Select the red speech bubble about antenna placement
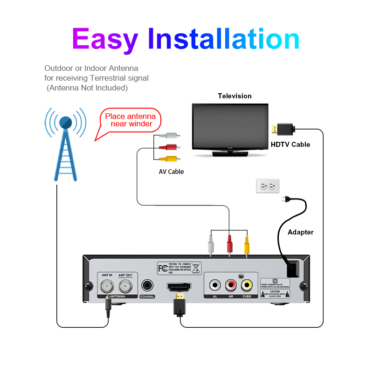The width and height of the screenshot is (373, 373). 131,120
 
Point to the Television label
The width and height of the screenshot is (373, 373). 235,96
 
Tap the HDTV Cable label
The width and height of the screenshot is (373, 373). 290,145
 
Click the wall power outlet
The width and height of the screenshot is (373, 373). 268,186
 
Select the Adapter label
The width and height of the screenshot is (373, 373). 301,232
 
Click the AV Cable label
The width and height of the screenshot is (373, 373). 171,172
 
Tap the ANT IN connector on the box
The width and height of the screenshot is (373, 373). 107,285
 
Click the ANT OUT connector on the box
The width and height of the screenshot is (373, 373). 125,285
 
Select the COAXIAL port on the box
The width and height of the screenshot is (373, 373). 148,285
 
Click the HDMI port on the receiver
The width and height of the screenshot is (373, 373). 179,286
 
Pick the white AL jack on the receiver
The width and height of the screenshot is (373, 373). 215,284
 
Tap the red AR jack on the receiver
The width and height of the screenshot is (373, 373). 231,284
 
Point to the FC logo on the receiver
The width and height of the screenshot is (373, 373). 163,269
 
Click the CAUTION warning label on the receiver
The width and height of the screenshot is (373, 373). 275,293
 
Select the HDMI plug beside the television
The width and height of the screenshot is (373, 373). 282,128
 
